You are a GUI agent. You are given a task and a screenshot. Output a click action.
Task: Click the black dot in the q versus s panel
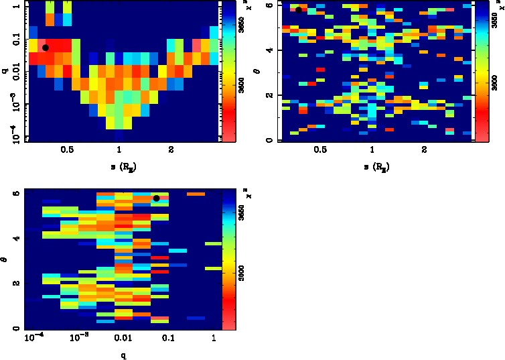(46, 48)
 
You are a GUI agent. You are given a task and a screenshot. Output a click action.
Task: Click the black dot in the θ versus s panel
(299, 9)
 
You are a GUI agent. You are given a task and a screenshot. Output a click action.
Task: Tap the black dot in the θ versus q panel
(156, 198)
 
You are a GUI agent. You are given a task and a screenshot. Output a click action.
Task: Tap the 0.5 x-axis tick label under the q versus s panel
(66, 149)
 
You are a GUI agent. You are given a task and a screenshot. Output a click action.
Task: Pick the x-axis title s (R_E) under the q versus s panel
(119, 166)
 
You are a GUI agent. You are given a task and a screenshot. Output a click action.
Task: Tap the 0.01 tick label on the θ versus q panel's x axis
(122, 339)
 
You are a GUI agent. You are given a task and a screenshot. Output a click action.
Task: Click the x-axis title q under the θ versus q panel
(122, 355)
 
